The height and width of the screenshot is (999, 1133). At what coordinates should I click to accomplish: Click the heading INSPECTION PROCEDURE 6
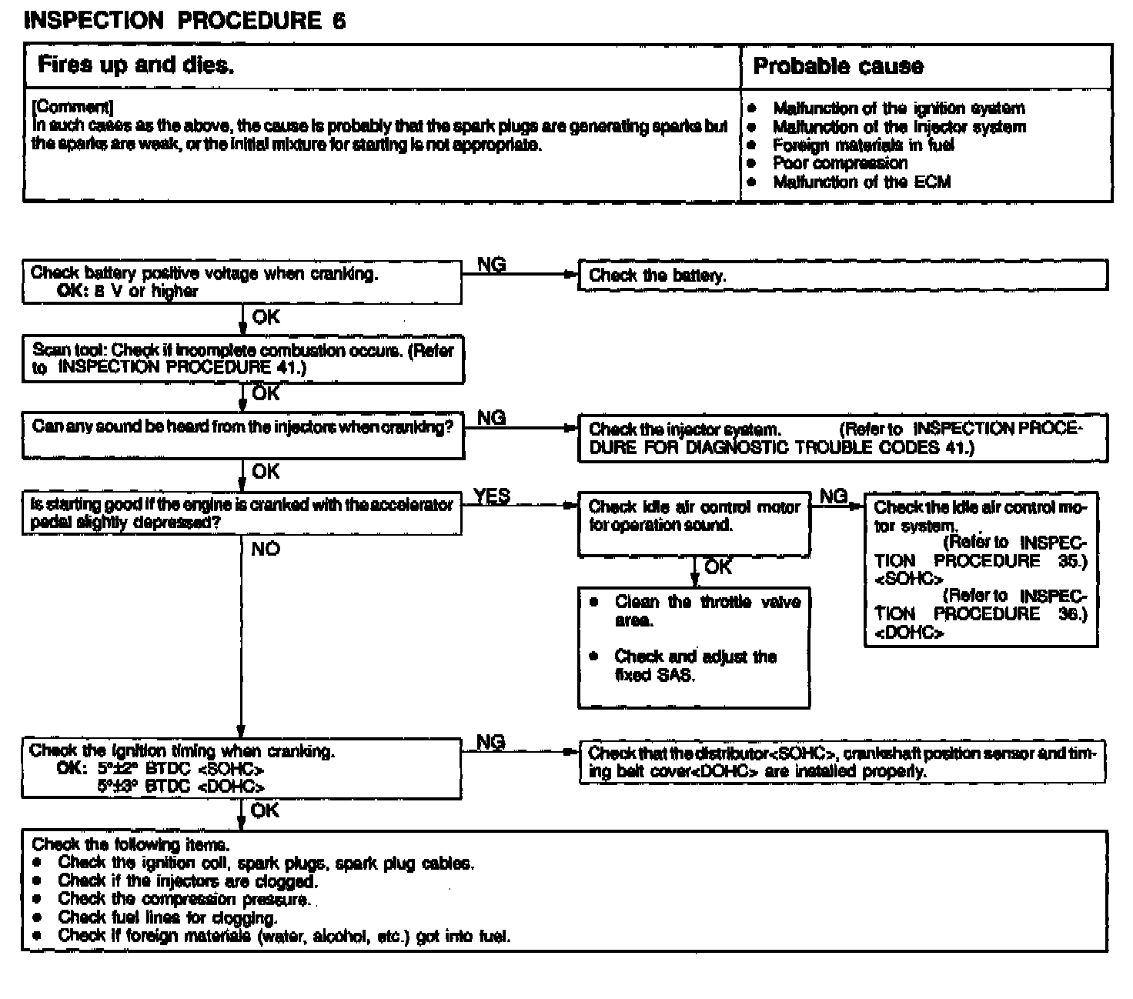coord(185,21)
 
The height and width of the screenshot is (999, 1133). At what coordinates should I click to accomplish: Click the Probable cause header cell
coord(837,66)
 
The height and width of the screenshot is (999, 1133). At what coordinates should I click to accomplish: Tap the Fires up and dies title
coord(135,65)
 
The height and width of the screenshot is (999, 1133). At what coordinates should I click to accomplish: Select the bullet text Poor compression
coord(840,163)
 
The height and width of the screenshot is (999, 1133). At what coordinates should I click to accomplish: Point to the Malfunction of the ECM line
coord(861,182)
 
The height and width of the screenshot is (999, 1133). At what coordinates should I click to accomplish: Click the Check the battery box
coord(842,276)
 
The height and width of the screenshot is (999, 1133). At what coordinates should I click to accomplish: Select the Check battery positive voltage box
coord(242,282)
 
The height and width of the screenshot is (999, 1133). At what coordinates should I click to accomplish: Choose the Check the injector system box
coord(842,438)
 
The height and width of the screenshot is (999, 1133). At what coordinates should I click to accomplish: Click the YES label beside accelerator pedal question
coord(492,496)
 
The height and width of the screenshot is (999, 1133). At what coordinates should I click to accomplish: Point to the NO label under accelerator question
coord(265,549)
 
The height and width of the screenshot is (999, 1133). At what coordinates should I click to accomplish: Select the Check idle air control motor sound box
coord(694,523)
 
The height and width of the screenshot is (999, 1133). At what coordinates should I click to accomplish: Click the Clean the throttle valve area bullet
coord(707,610)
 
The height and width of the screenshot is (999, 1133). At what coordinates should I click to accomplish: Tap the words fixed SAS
coord(655,676)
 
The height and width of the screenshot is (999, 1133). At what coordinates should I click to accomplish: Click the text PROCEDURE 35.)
coord(1010,561)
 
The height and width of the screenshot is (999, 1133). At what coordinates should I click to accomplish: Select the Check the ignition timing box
coord(242,769)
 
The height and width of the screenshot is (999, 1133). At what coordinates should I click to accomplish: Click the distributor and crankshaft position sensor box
coord(842,762)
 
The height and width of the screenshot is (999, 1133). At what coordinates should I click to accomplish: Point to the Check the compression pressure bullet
coord(184,899)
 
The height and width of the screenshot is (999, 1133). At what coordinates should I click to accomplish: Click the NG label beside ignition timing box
coord(491,742)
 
